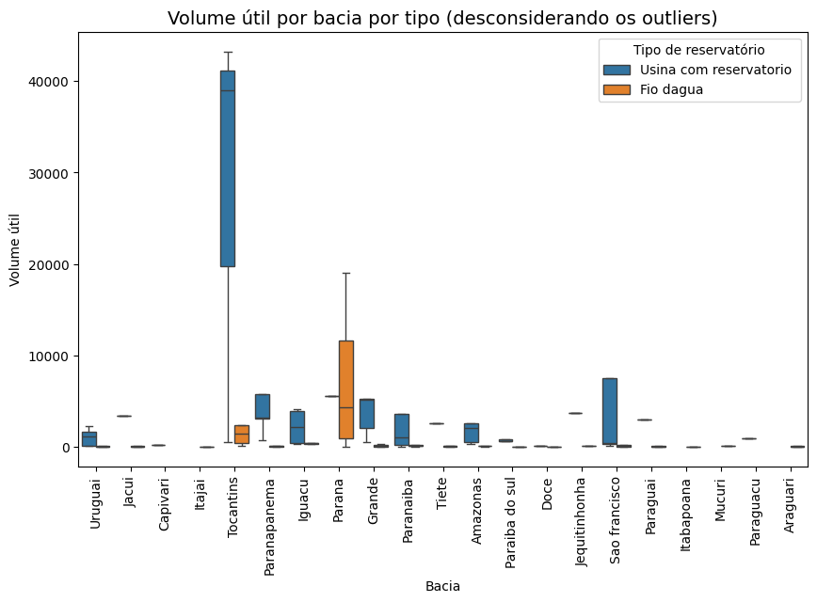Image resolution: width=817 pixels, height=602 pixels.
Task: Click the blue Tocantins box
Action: (x=228, y=168)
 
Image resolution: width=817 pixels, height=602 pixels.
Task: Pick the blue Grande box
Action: (x=367, y=414)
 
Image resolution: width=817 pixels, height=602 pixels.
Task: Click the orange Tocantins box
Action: (x=242, y=435)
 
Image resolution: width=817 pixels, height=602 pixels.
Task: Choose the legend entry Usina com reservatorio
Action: (x=715, y=70)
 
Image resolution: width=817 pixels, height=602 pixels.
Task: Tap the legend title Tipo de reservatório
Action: (x=698, y=50)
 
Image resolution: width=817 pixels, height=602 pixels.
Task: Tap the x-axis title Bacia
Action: (x=442, y=586)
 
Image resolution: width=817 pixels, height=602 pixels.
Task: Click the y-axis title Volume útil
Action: (x=15, y=249)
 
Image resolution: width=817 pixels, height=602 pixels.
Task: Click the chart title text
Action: (x=442, y=18)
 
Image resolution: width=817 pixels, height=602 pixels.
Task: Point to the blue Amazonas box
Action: (x=472, y=433)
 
